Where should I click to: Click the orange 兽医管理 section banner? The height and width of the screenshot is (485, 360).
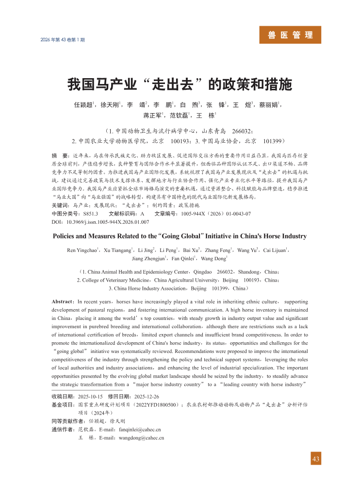tap(291, 35)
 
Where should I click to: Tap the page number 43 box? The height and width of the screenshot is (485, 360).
tap(316, 459)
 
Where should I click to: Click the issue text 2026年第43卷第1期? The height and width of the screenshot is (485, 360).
tap(62, 39)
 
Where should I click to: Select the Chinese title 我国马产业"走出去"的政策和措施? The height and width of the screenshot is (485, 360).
tap(180, 84)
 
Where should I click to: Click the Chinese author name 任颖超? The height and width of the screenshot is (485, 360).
tap(84, 105)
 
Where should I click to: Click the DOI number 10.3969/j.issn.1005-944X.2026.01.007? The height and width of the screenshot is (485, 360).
tap(107, 222)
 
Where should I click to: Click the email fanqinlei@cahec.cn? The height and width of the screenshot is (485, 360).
tap(140, 430)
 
